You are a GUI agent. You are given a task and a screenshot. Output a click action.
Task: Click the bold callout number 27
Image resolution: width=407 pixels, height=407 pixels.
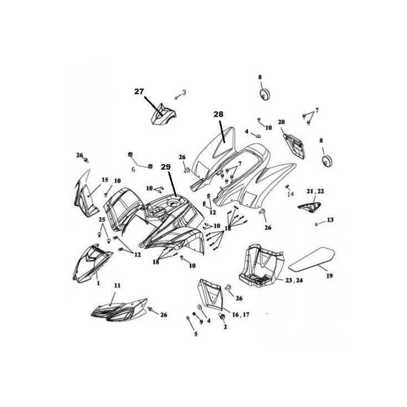coord(139,91)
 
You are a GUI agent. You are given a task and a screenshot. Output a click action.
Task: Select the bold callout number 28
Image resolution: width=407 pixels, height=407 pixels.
coord(218,114)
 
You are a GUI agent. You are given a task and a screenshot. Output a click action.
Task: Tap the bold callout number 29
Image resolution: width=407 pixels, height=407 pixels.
coord(166,167)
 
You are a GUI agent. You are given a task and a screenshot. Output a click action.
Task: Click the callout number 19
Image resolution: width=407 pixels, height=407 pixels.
coord(329,276)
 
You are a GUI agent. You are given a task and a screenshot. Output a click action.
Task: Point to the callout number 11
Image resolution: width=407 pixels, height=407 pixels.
coord(118,286)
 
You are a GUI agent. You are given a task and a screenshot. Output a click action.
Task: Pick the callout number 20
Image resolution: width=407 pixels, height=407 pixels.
coord(281,122)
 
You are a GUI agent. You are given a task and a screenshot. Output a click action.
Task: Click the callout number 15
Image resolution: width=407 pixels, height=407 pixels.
coord(105,180)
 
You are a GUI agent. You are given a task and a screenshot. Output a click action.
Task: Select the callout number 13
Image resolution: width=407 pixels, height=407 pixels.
coord(330,220)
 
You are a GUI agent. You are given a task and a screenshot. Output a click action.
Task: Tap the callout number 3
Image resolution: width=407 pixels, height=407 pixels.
coord(184,93)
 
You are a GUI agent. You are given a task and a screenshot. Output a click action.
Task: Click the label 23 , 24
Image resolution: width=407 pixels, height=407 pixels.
coord(294,281)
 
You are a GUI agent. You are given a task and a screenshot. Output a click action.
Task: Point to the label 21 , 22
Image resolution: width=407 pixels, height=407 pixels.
coord(315,191)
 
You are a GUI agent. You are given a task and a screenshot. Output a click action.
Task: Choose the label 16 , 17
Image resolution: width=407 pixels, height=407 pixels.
coord(241,314)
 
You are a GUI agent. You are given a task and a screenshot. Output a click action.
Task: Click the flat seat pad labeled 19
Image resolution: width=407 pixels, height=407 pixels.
coord(312,258)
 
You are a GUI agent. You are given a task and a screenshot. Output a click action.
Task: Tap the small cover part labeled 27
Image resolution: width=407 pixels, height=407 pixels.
coord(163,115)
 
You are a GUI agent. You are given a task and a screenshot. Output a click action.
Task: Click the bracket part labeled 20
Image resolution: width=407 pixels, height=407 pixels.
coord(294,146)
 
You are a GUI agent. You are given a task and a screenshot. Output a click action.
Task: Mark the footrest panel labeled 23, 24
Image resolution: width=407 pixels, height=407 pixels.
coord(261,265)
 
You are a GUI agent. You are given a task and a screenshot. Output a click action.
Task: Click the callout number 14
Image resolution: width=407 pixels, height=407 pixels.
coord(291,194)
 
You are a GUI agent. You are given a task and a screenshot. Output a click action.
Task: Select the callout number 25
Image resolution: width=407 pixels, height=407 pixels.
coord(102,220)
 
